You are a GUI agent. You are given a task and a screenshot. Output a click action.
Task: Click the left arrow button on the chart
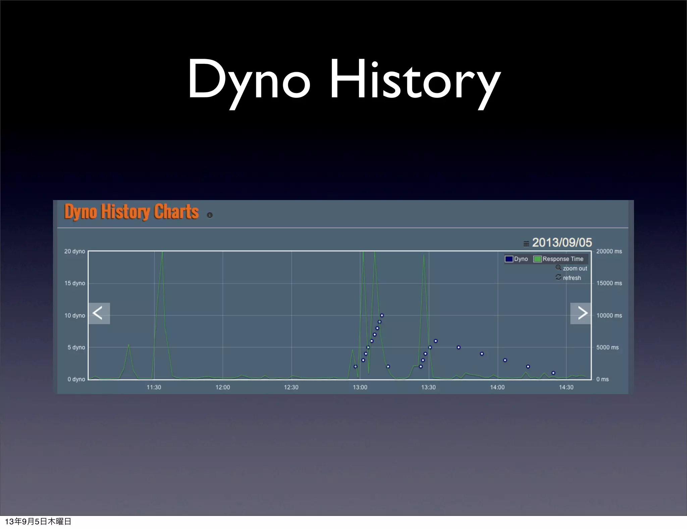[99, 313]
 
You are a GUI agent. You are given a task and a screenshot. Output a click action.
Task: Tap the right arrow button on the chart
[581, 313]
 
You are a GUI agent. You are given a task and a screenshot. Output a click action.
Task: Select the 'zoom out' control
[572, 268]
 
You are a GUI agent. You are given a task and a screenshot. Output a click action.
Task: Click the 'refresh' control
[569, 278]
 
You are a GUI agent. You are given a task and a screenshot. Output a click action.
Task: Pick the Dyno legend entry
[517, 259]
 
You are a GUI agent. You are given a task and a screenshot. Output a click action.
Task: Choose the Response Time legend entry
[559, 259]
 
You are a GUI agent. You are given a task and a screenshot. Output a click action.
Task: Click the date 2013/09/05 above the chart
[562, 242]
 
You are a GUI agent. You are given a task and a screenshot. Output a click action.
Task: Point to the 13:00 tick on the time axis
[360, 387]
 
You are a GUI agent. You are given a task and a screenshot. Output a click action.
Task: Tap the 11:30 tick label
[154, 387]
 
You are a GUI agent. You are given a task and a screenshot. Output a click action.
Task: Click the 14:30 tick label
[566, 387]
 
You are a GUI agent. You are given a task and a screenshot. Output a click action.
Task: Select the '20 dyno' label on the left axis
[74, 251]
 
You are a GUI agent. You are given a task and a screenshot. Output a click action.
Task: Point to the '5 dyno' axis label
[76, 347]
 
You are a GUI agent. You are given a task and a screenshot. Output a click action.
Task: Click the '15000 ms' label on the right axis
[609, 283]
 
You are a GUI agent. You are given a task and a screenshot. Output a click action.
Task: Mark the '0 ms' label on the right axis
[602, 379]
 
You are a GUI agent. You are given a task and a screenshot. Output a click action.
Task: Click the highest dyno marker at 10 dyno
[382, 316]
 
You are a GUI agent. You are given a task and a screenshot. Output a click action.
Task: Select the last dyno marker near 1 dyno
[553, 373]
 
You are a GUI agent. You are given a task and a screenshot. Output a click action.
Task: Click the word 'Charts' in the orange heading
[176, 212]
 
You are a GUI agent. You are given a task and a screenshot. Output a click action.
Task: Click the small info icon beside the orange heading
[210, 215]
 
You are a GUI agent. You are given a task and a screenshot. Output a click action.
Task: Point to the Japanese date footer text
[38, 521]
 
